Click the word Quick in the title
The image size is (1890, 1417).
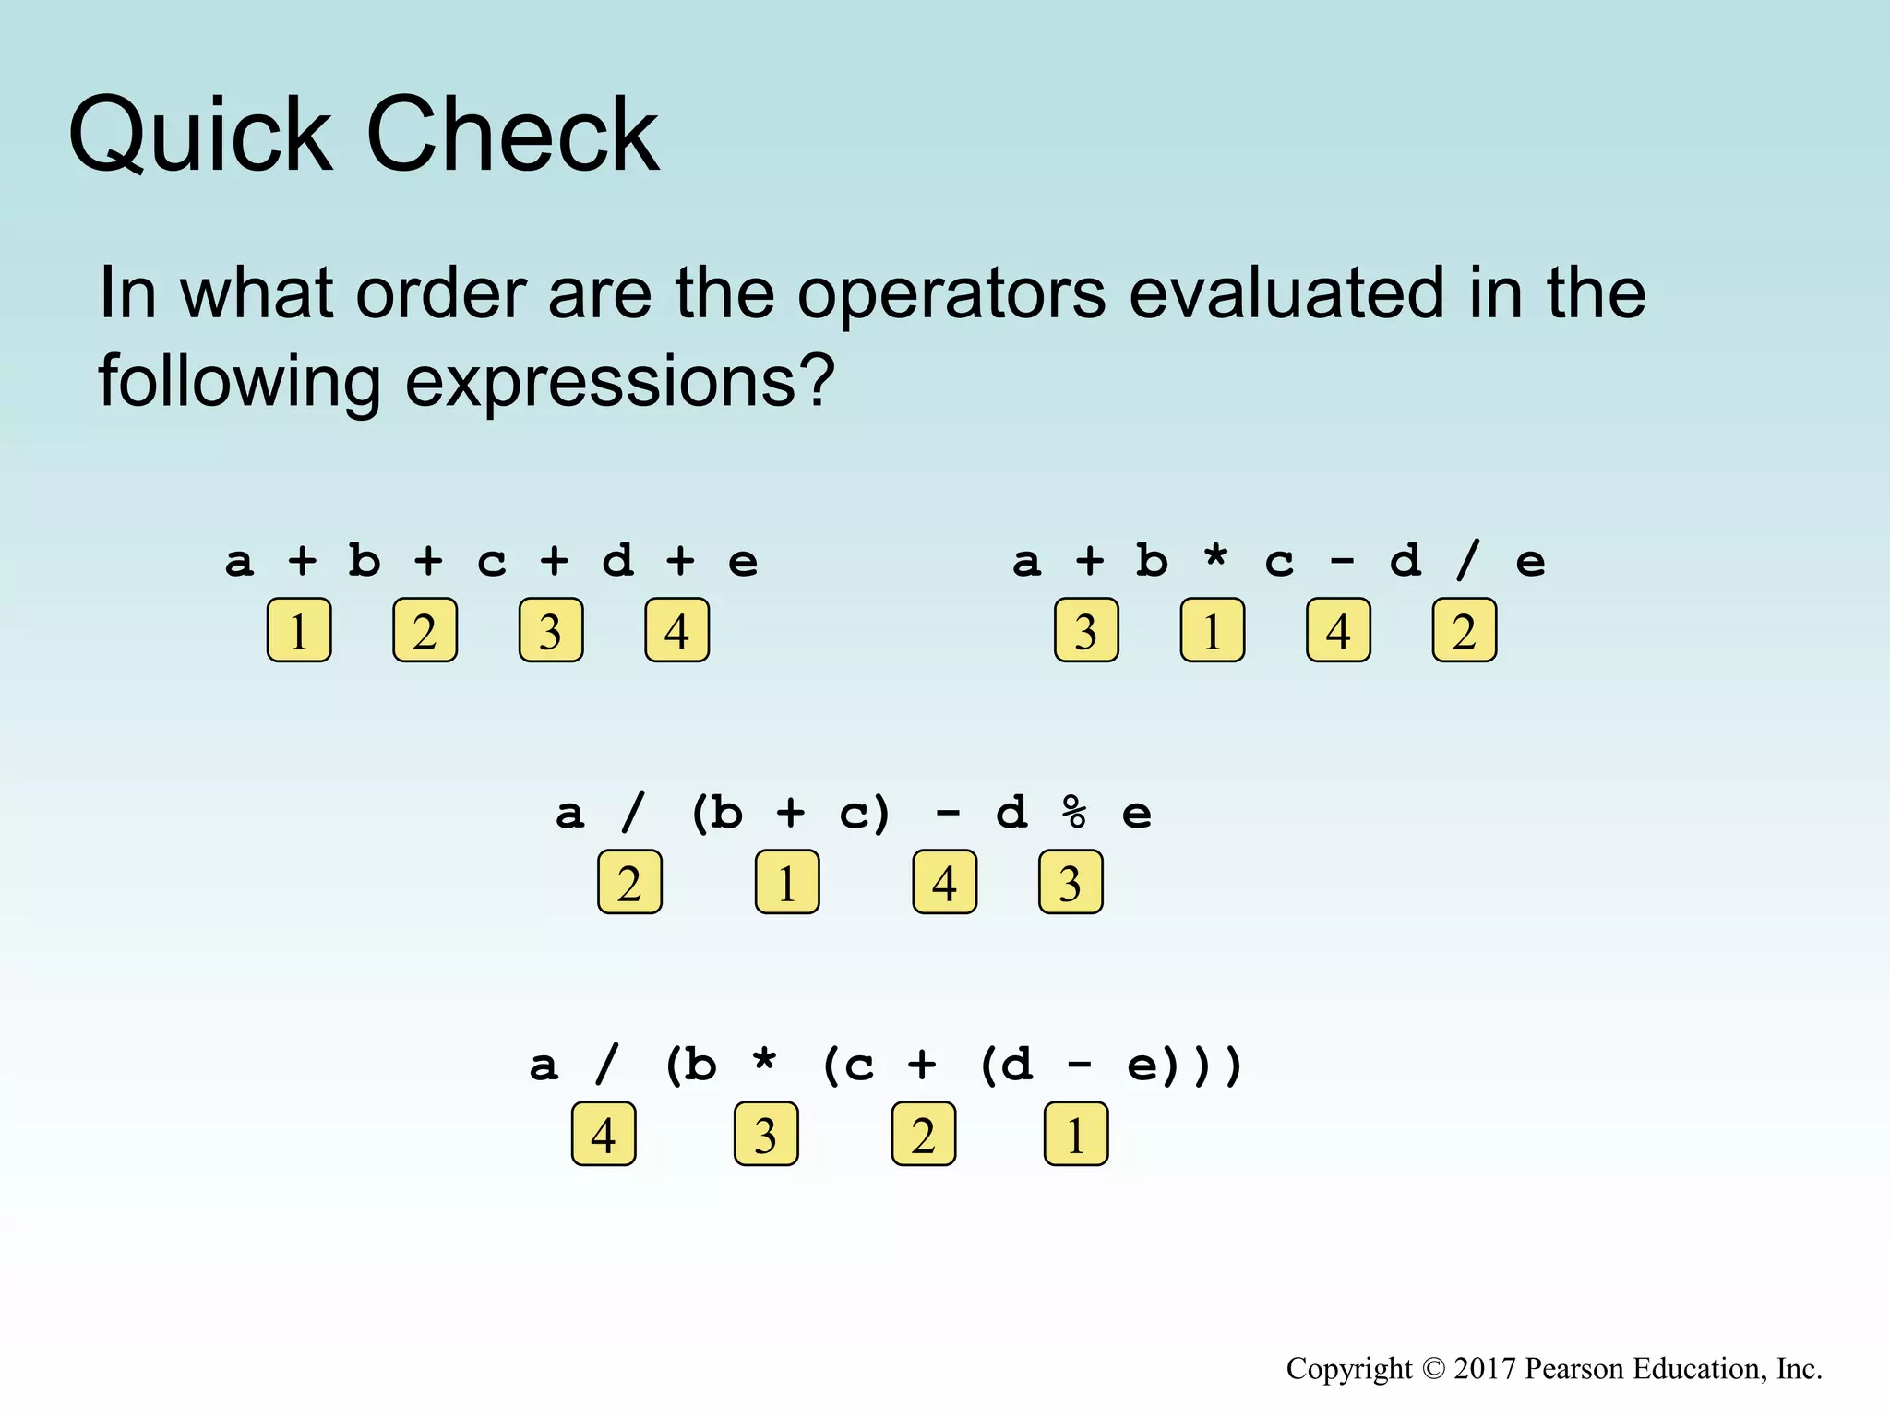tap(199, 137)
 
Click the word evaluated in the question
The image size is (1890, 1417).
tap(1286, 293)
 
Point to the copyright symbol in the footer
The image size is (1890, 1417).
tap(1433, 1369)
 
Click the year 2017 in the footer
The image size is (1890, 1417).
tap(1485, 1369)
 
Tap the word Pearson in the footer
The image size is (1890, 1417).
tap(1574, 1369)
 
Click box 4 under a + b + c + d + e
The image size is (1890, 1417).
tap(676, 631)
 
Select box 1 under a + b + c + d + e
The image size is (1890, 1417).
tap(299, 631)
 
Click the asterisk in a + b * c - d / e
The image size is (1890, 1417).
tap(1216, 559)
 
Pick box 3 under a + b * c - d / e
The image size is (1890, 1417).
tap(1086, 631)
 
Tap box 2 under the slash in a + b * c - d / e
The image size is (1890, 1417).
tap(1465, 631)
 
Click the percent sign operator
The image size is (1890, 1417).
tap(1074, 813)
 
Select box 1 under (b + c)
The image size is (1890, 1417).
tap(787, 883)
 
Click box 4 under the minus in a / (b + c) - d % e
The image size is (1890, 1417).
tap(944, 883)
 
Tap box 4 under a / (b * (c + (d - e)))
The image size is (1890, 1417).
tap(604, 1135)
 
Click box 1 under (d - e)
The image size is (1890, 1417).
tap(1076, 1135)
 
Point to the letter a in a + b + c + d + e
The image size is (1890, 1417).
tap(239, 561)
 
